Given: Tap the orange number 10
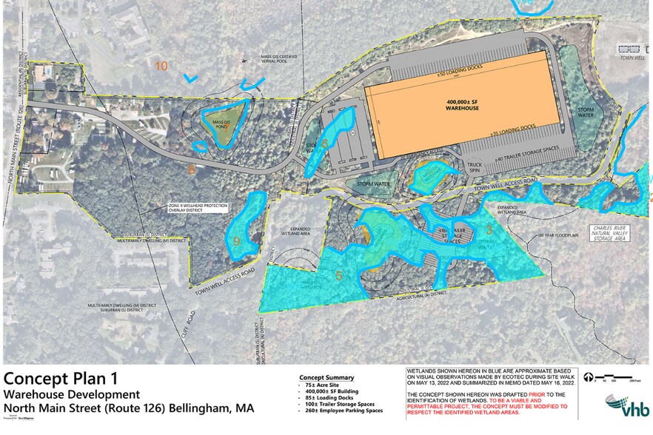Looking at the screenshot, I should (x=161, y=67).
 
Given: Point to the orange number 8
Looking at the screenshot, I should (x=191, y=169).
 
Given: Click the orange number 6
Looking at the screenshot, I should (x=324, y=144).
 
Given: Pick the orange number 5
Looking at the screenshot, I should (x=338, y=276).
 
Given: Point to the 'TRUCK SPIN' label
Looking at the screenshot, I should (x=474, y=167).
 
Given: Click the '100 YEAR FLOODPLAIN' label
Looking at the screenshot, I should (x=556, y=237).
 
